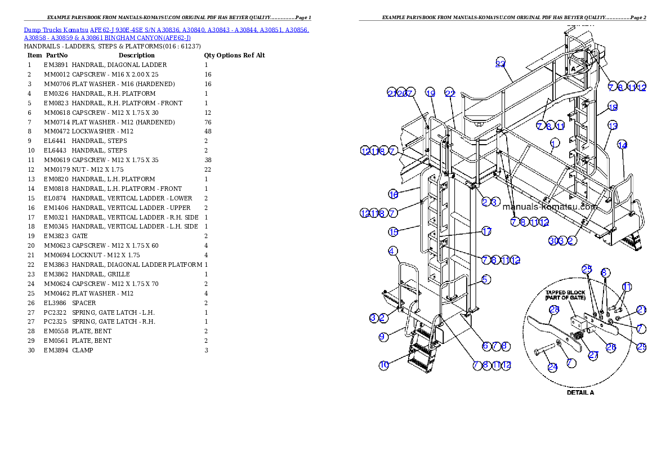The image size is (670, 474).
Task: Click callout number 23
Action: coord(501,63)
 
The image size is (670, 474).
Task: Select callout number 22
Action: coord(449,93)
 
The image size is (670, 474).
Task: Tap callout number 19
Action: coord(430,93)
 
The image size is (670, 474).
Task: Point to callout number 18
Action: coord(613,107)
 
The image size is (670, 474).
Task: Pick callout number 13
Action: coord(613,126)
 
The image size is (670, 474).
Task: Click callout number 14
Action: coord(622,145)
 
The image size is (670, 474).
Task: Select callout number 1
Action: coord(555,142)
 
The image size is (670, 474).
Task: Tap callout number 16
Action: coord(393,194)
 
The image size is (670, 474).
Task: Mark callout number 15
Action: coord(393,231)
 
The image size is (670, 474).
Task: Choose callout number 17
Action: coord(486,231)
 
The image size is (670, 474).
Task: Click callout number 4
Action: coord(392,251)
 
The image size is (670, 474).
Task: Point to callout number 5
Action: coord(486,279)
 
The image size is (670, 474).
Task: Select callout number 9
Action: coord(383,337)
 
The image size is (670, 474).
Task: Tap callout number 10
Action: coord(383,365)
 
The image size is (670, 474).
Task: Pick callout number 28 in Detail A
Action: coord(553,309)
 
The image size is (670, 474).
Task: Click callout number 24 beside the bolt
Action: coord(552,367)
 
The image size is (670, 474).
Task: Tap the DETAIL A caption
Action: coord(580,392)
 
